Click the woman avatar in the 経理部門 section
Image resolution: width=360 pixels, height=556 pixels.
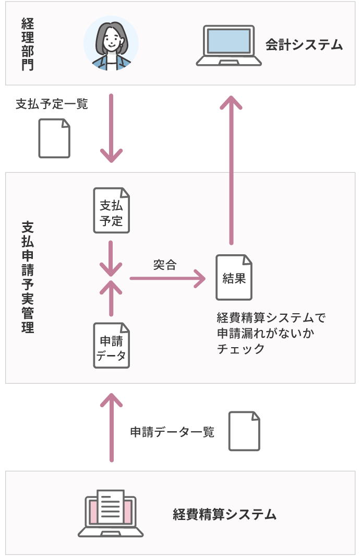pos(111,43)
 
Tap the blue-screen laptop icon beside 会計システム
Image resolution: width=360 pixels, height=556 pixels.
pos(229,45)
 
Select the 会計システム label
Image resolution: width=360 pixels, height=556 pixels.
pos(304,45)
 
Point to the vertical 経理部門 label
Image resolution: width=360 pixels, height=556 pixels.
pos(28,44)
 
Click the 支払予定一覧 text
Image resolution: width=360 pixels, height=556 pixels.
pos(52,104)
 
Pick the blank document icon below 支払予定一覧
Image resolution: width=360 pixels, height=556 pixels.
pos(54,138)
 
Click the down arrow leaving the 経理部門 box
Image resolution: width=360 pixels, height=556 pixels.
pos(111,128)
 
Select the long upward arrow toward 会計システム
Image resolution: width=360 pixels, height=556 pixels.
pos(231,170)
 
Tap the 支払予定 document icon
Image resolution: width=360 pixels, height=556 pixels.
pos(111,210)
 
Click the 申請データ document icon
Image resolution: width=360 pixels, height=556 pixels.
pos(111,346)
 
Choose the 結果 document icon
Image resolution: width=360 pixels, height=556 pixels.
pos(234,277)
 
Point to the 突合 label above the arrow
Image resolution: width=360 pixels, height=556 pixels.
pos(165,265)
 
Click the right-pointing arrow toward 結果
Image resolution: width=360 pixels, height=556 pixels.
pos(167,278)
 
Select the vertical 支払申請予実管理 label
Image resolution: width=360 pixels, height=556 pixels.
pos(28,277)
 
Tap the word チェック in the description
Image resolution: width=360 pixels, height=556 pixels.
pos(241,349)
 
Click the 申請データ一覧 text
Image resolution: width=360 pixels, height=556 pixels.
pos(172,432)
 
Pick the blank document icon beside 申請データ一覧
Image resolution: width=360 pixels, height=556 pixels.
pos(244,431)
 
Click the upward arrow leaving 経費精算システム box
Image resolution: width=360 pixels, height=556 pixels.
pos(111,427)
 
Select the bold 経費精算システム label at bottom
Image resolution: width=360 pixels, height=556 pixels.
pos(225,514)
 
